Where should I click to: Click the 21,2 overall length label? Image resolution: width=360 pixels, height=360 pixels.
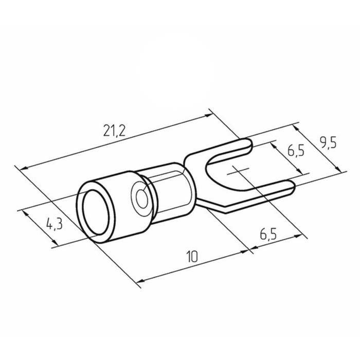click(114, 131)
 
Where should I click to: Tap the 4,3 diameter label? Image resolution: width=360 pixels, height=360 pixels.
click(55, 224)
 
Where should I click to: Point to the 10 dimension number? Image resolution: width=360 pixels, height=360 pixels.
click(192, 257)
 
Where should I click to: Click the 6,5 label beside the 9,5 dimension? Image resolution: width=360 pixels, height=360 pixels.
click(296, 151)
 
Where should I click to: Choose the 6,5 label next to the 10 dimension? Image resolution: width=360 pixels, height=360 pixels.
click(268, 234)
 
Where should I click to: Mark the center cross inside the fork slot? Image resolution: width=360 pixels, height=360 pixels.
click(238, 171)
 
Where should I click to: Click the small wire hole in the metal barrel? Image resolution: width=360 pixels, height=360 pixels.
click(141, 197)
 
